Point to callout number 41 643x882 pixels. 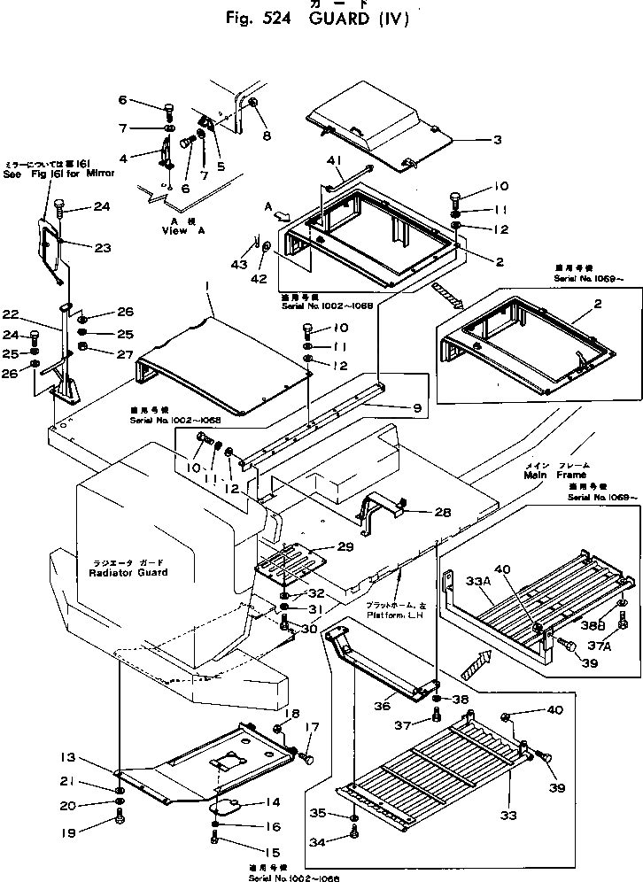coord(335,159)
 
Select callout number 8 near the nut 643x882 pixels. coord(267,135)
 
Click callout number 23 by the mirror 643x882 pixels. coord(103,248)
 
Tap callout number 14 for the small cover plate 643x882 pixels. coord(271,802)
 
